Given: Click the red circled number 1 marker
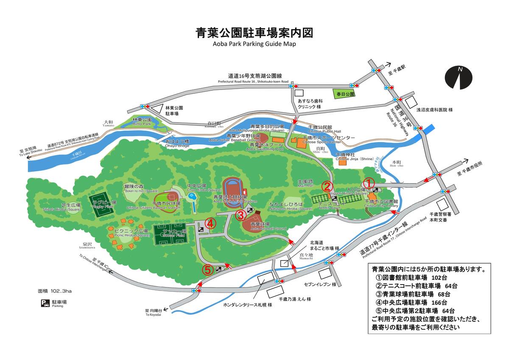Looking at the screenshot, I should point(369,182).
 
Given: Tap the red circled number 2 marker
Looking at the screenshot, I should point(327,186).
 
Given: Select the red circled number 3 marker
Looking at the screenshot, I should point(240,215).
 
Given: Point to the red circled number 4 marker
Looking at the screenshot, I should point(210,223).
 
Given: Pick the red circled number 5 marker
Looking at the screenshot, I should point(207,269).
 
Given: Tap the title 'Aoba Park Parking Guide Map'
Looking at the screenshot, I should point(254,44).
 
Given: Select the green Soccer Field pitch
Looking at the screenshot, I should point(171,234).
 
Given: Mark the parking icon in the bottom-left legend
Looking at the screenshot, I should point(45,303).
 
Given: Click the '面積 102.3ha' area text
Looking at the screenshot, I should point(55,291).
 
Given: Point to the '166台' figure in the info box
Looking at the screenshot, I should point(439,302).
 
